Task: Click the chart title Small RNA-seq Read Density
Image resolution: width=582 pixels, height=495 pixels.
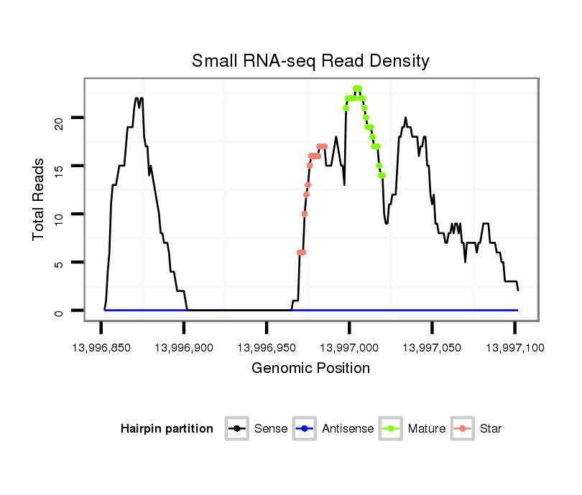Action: coord(310,61)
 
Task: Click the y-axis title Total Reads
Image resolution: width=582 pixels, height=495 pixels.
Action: coord(40,199)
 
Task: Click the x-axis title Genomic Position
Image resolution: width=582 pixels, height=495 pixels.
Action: coord(310,369)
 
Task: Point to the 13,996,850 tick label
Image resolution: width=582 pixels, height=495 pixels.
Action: coord(101,348)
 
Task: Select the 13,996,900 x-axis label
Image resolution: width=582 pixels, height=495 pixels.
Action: coord(184,348)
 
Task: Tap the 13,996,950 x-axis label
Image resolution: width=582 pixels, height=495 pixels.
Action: coord(267,348)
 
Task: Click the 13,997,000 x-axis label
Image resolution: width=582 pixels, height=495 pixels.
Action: coord(349,348)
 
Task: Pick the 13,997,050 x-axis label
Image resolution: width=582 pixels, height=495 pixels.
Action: coord(432,348)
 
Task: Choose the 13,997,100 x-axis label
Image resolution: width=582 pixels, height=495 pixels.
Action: coord(514,348)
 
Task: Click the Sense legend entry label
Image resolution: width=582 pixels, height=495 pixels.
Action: coord(271,429)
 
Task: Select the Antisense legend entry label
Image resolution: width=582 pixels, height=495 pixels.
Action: coord(348,429)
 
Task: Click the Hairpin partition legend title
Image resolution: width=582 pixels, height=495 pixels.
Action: coord(167,429)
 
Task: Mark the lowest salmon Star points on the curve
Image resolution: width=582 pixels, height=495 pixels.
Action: coord(302,253)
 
